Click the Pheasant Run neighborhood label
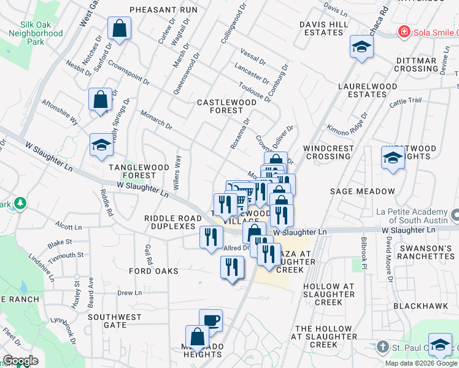click(163, 10)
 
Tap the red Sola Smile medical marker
click(403, 31)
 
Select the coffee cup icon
click(211, 320)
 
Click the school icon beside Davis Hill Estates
click(362, 47)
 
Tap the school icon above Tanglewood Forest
click(102, 145)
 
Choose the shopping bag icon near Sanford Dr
click(119, 28)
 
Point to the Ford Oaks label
click(154, 270)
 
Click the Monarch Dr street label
click(157, 120)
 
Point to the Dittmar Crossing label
click(415, 64)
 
